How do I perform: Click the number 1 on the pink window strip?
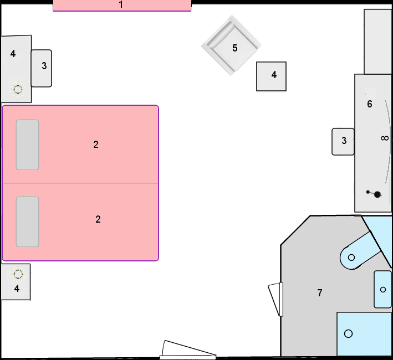click(x=121, y=4)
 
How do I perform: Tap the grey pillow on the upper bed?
click(x=28, y=145)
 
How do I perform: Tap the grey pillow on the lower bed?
click(x=28, y=222)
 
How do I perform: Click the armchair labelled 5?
click(x=231, y=45)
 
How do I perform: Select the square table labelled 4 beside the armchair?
click(x=271, y=76)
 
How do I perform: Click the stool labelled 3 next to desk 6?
click(x=343, y=142)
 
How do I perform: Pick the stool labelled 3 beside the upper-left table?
click(x=42, y=68)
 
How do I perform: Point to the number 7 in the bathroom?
click(x=320, y=292)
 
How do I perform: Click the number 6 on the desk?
click(x=369, y=104)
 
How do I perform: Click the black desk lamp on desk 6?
click(x=374, y=194)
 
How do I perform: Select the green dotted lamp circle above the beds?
click(x=18, y=89)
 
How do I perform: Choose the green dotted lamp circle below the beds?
click(x=18, y=274)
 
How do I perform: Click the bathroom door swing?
click(x=275, y=300)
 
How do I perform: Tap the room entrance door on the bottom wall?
click(x=188, y=350)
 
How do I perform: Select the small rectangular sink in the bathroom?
click(x=382, y=290)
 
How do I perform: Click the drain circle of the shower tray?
click(x=349, y=334)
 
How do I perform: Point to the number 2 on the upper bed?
click(x=96, y=145)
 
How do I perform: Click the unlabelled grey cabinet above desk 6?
click(x=377, y=42)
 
